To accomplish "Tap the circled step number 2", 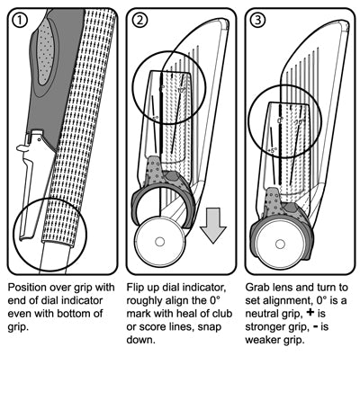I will (139, 20).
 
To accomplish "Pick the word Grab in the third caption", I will (261, 288).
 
